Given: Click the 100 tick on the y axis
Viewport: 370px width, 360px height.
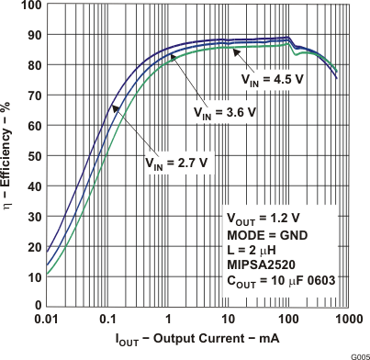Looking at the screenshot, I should pyautogui.click(x=30, y=6).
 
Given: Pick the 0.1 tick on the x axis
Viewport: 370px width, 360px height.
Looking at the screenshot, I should pyautogui.click(x=107, y=318).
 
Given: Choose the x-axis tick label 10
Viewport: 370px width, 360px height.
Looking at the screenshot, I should pyautogui.click(x=230, y=318).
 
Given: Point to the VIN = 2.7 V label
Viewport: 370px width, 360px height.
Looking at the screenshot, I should pyautogui.click(x=169, y=162).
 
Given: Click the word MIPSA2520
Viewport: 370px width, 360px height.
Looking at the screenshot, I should pyautogui.click(x=260, y=267).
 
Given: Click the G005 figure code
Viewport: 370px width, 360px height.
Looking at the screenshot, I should pyautogui.click(x=358, y=354).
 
